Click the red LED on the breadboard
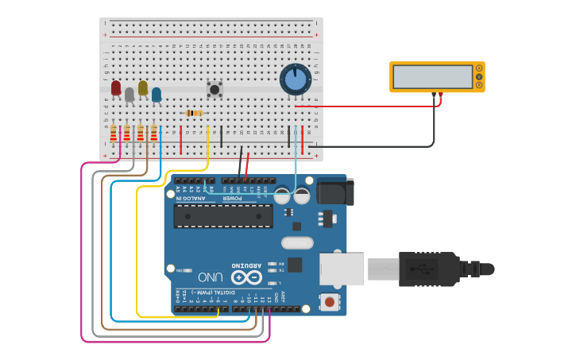click(116, 87)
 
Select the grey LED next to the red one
click(130, 95)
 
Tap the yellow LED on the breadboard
click(143, 87)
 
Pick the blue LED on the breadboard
click(157, 95)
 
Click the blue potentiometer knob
click(295, 79)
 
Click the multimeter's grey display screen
click(432, 76)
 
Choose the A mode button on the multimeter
click(479, 68)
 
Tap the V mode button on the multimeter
click(479, 76)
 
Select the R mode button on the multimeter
click(479, 84)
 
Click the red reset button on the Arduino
click(329, 302)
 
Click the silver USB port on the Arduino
click(342, 269)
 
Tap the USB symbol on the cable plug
click(422, 269)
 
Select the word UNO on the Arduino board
click(211, 277)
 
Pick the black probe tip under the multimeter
click(435, 95)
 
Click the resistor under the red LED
click(113, 134)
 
